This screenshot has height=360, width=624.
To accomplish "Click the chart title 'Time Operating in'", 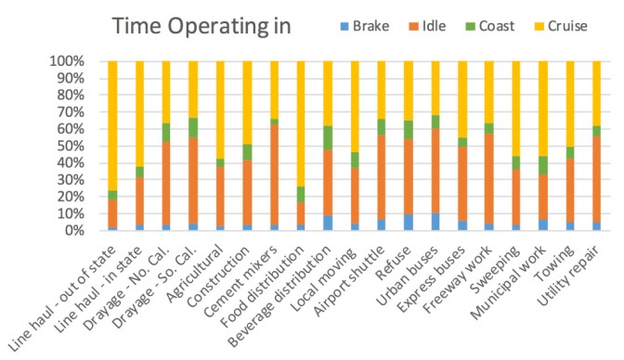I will (x=201, y=27).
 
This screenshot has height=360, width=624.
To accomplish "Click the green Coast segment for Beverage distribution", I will (x=328, y=137).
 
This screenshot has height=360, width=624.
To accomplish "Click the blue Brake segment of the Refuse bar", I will (x=408, y=223).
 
